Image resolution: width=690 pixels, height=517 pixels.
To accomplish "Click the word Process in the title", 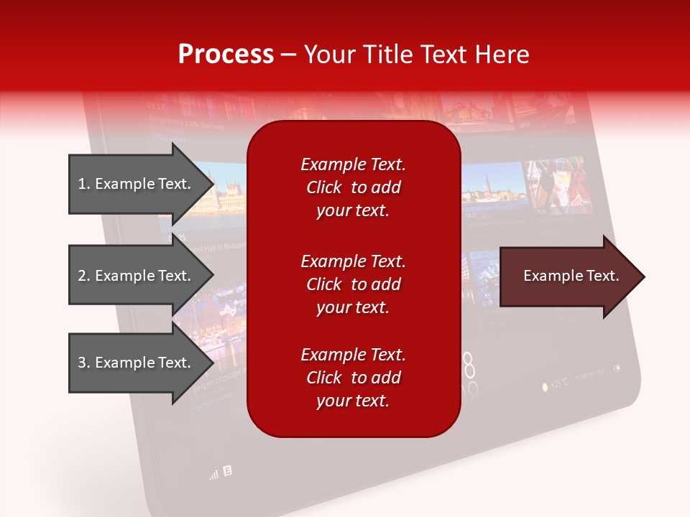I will click(226, 55).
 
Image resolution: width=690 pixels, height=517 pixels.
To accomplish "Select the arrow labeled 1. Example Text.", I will click(137, 184).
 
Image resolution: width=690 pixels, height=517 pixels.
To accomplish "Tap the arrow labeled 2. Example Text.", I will click(137, 276).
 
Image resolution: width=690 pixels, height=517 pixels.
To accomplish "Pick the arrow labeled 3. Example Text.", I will click(137, 363).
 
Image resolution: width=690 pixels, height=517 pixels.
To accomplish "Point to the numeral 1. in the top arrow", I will click(83, 184).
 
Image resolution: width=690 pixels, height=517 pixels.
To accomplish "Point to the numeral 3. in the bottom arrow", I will click(83, 363).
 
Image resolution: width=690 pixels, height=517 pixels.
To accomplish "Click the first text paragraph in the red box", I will click(353, 187).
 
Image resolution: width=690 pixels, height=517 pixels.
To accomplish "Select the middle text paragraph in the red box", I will click(353, 284).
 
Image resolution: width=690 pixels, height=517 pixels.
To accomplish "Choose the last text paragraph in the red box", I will click(353, 378).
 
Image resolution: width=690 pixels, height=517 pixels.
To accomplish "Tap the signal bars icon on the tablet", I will click(213, 475).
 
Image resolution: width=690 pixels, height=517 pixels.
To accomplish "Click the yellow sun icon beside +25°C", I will click(545, 386).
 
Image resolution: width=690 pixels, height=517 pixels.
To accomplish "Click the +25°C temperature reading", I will click(560, 383).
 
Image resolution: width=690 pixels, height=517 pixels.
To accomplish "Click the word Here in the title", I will click(506, 55).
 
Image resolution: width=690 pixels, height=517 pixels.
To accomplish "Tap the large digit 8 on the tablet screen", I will click(469, 366).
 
